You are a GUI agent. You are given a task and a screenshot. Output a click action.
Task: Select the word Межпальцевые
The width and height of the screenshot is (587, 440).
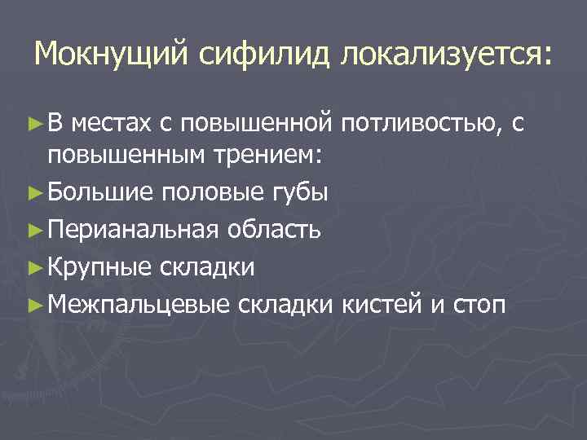coord(138,304)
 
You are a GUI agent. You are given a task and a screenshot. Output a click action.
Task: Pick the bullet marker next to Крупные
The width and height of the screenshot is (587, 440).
coord(34,266)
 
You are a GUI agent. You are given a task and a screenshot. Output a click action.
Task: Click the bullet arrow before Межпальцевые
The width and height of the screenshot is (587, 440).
coord(34,304)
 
